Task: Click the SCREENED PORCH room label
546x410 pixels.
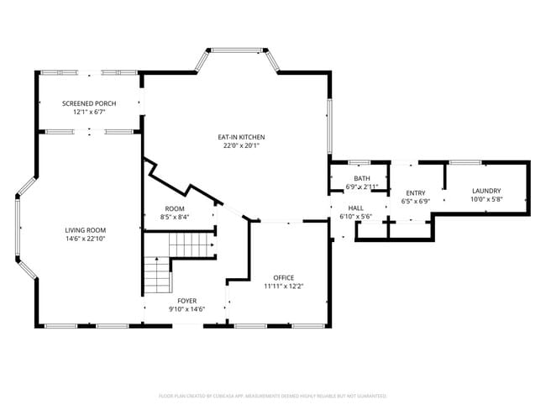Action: [89, 103]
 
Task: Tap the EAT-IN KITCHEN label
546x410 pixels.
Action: [241, 137]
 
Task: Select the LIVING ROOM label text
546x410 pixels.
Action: [91, 230]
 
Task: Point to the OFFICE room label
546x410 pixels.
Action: [284, 277]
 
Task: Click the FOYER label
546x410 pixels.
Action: [186, 300]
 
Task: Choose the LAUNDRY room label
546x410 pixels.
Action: [486, 191]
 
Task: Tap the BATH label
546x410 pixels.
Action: [362, 178]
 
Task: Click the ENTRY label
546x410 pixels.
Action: [416, 193]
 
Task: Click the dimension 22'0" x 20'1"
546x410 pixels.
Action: [241, 145]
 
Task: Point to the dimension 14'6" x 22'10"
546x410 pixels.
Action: [91, 239]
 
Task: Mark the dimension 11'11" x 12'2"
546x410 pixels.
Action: [284, 286]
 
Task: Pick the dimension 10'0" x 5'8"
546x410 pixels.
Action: [486, 199]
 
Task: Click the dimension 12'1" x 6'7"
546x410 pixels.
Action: [89, 112]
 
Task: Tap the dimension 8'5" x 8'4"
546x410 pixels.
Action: [175, 217]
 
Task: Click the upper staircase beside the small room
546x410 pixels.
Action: [192, 244]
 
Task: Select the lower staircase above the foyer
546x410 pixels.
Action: [156, 274]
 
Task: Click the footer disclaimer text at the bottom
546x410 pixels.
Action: [273, 395]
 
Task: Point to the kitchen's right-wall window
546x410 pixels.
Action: [330, 127]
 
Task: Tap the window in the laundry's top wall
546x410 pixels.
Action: [459, 162]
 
